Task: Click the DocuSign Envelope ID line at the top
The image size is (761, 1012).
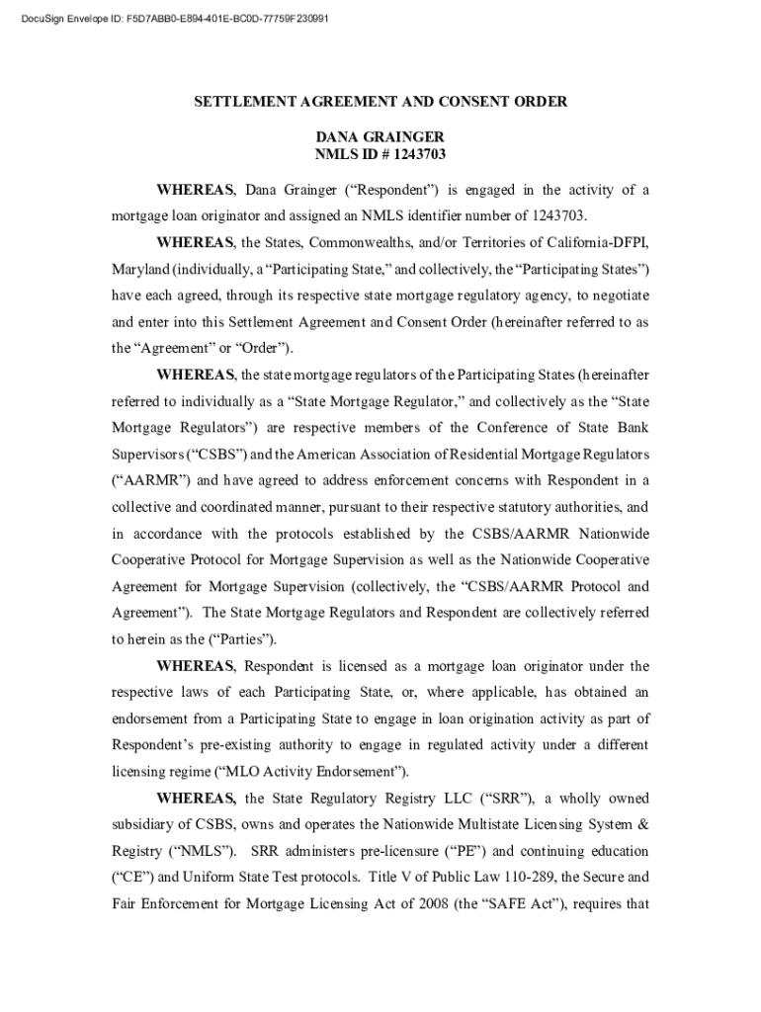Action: coord(170,17)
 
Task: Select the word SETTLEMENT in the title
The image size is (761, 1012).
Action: coord(243,102)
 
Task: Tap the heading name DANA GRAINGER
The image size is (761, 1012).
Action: coord(380,136)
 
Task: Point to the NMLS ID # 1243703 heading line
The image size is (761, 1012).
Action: coord(380,154)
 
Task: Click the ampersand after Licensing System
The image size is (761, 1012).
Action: coord(643,824)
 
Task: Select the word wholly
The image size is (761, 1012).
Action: coord(584,798)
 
